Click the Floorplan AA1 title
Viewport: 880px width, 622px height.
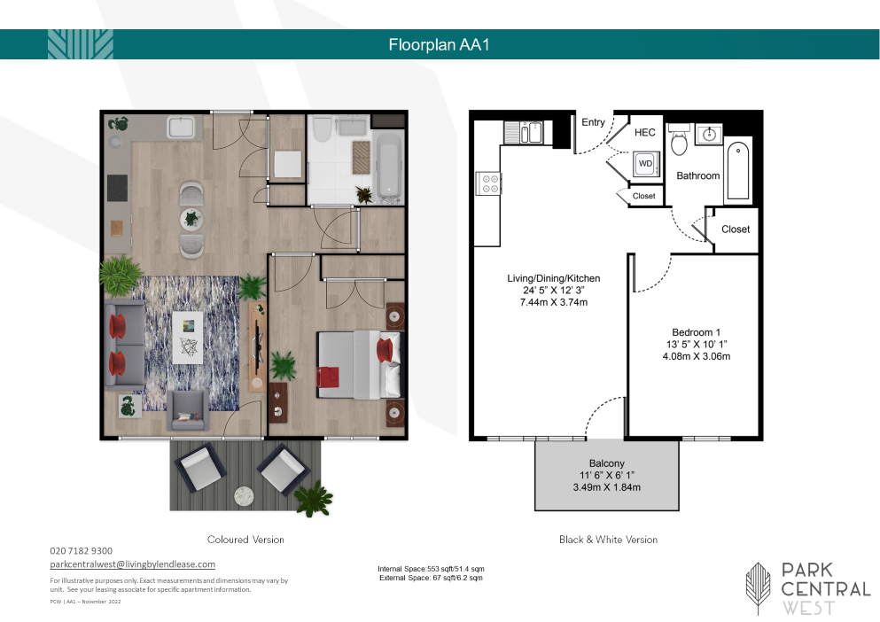439,45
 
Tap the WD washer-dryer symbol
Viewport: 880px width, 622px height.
645,163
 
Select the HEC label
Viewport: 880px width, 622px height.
645,133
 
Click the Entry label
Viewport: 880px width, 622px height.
593,122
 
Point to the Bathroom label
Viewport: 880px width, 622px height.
697,175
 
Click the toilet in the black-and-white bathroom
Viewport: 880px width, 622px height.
680,139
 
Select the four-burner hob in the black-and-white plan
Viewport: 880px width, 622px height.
487,184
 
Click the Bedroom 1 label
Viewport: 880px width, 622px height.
696,332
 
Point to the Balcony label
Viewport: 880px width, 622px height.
607,463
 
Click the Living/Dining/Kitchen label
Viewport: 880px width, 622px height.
553,278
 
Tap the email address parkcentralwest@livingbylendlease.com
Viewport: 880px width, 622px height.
132,564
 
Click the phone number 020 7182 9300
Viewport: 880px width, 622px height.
81,551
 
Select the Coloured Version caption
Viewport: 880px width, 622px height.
245,540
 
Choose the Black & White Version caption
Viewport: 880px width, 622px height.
608,540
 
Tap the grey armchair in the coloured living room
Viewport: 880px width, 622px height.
188,410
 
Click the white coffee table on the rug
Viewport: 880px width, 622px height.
188,338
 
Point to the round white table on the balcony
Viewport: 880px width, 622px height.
244,494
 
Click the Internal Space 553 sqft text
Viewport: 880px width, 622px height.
431,569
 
